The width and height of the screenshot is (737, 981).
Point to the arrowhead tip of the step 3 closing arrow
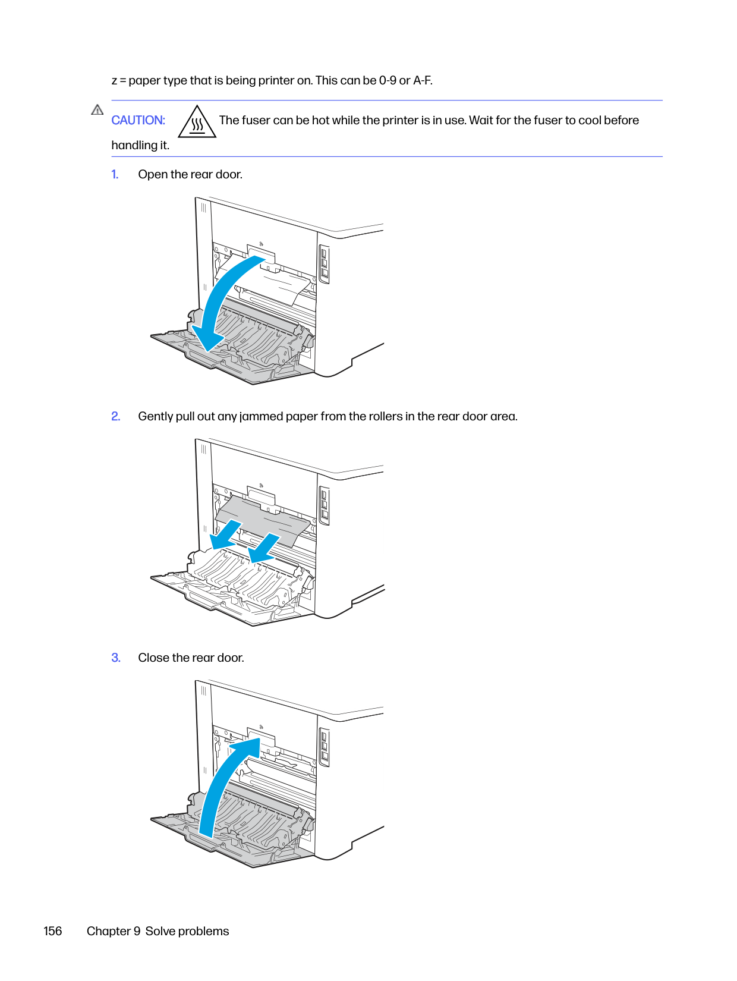tap(260, 738)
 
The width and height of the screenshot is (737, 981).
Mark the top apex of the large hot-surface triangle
tap(197, 105)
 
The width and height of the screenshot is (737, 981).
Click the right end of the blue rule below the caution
tap(662, 156)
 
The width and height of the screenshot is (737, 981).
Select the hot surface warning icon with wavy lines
tap(197, 121)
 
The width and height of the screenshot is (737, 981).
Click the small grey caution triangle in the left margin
tap(97, 110)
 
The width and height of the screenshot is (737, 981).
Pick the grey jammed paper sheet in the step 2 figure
tap(263, 520)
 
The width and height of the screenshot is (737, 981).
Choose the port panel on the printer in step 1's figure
tap(325, 264)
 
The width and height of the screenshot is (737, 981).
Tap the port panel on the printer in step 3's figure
tap(325, 747)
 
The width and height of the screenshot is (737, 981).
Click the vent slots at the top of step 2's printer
tap(204, 449)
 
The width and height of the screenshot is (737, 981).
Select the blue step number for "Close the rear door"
tap(116, 658)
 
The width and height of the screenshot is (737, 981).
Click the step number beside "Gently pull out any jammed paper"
tap(116, 416)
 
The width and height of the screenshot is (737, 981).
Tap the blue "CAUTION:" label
tap(138, 120)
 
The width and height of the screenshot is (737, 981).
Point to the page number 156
tap(53, 932)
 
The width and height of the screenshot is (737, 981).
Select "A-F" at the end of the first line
tap(423, 80)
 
